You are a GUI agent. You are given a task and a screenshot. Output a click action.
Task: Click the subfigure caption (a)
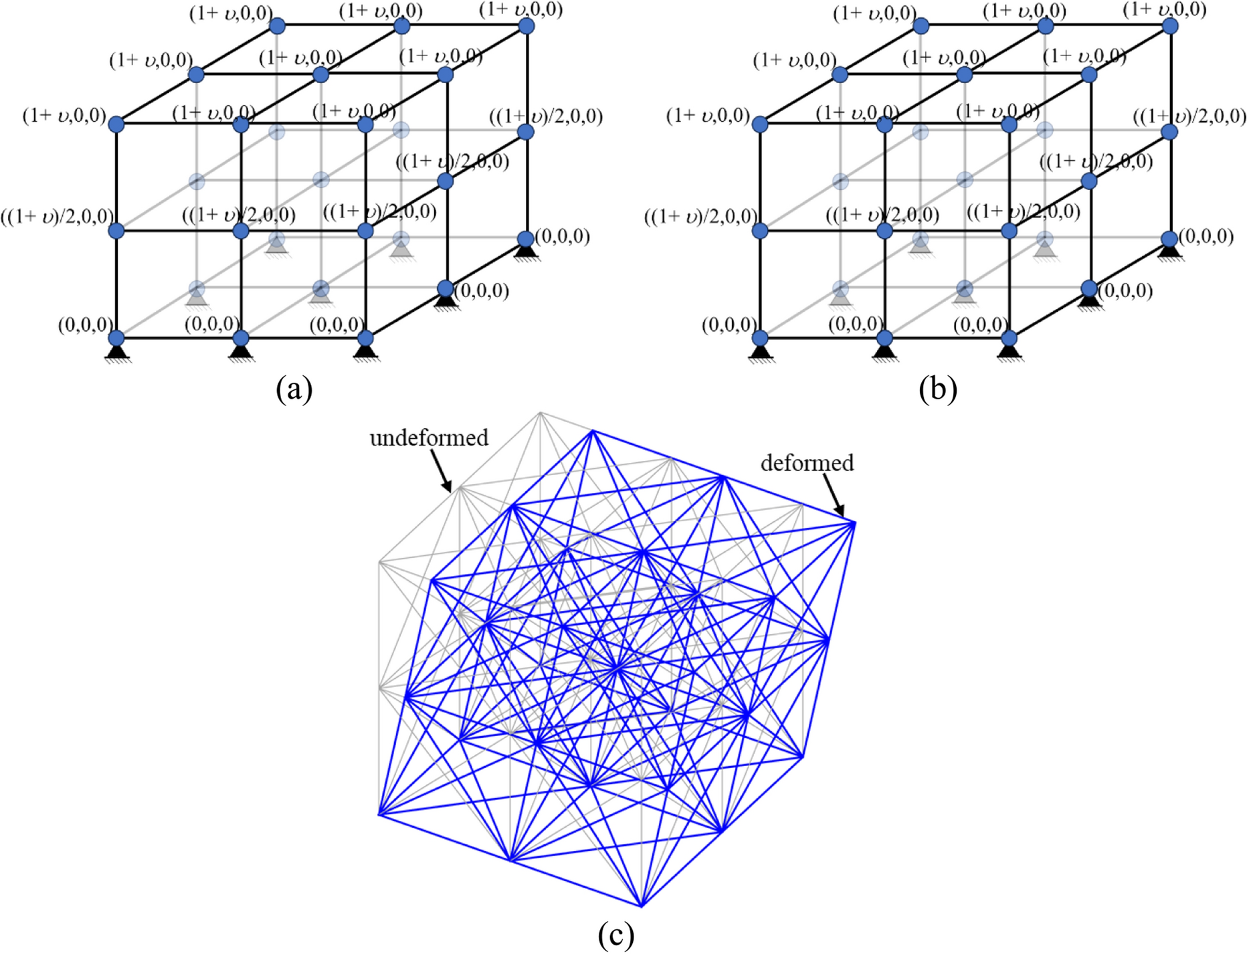point(294,389)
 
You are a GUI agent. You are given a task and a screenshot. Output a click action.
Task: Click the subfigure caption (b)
point(937,389)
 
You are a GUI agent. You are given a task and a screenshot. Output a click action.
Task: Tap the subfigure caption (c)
point(615,935)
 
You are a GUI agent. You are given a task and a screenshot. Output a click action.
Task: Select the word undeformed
point(429,438)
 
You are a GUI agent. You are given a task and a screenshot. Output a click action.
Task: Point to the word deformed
point(807,463)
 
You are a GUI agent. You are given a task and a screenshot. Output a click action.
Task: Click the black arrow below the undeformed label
point(441,471)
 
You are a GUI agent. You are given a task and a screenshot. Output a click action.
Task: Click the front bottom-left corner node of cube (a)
point(116,338)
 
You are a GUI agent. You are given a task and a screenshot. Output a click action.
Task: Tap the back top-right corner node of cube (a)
point(526,26)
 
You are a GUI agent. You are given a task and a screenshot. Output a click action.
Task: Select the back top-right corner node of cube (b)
point(1170,26)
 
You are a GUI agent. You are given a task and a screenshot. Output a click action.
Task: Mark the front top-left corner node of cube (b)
point(760,124)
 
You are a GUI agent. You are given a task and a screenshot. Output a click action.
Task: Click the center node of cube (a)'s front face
point(241,231)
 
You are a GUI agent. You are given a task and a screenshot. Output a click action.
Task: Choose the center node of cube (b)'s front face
point(884,231)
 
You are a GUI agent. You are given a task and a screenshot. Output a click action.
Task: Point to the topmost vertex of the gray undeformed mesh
point(541,413)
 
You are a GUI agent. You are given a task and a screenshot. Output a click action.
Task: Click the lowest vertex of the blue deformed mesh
point(641,907)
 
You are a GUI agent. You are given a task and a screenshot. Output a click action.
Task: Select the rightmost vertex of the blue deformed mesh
point(854,523)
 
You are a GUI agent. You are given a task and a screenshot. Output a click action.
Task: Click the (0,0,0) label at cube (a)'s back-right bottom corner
point(563,236)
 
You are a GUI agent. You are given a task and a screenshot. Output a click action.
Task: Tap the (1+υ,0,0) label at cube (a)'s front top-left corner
point(64,116)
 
